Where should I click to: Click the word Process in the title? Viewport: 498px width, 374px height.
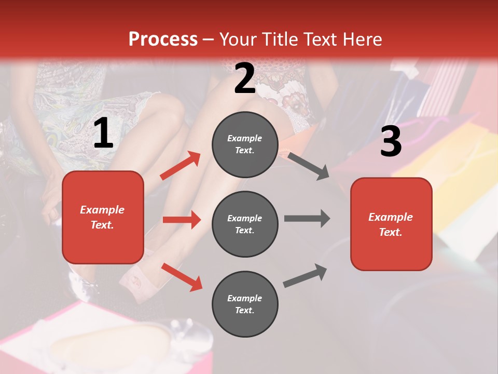click(x=163, y=39)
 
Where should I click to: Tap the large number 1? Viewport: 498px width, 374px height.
click(x=103, y=133)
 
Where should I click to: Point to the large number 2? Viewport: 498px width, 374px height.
click(x=245, y=78)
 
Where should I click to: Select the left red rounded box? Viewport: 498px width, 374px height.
click(x=103, y=217)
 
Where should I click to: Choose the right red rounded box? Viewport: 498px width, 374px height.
click(x=391, y=224)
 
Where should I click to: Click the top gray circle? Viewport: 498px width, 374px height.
click(x=245, y=144)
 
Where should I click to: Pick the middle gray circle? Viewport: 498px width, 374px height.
click(x=245, y=224)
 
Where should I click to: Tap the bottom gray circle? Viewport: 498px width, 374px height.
click(x=245, y=304)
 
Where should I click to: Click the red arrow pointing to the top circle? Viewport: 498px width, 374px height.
click(x=181, y=166)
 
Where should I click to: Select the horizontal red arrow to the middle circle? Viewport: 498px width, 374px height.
click(x=182, y=220)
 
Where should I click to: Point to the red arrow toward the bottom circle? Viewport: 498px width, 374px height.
click(x=182, y=277)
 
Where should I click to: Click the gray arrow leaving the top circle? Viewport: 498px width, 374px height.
click(x=308, y=166)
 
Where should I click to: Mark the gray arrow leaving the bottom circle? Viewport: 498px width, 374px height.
click(x=305, y=275)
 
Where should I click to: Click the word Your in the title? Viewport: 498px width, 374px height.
click(x=239, y=39)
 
